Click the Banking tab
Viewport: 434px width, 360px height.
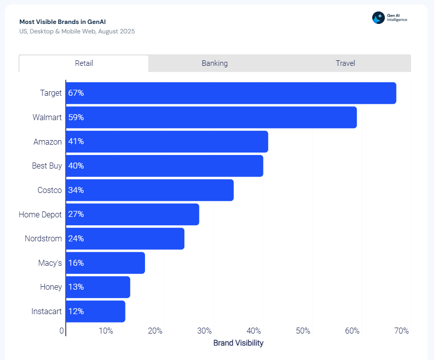point(214,63)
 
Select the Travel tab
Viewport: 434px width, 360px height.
point(345,63)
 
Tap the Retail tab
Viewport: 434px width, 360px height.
point(84,63)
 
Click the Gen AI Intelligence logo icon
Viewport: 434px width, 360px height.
point(378,17)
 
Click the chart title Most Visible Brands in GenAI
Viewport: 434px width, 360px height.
point(62,22)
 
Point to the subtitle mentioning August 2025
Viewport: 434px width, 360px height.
point(77,31)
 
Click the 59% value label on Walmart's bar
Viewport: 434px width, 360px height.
point(76,118)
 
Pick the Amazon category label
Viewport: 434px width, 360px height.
point(48,142)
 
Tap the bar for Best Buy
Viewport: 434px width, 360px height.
point(164,166)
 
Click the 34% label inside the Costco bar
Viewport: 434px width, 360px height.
point(76,190)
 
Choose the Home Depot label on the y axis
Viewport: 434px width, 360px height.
point(40,214)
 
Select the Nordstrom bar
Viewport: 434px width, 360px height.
point(125,239)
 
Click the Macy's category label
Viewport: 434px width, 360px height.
point(50,263)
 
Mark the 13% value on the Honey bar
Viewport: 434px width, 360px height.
point(76,287)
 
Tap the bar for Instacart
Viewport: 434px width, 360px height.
point(95,311)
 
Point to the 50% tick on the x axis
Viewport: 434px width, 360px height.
point(303,331)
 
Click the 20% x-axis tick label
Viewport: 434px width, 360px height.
point(155,331)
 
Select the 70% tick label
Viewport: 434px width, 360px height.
point(402,331)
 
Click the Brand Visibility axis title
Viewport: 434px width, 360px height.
point(238,343)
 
